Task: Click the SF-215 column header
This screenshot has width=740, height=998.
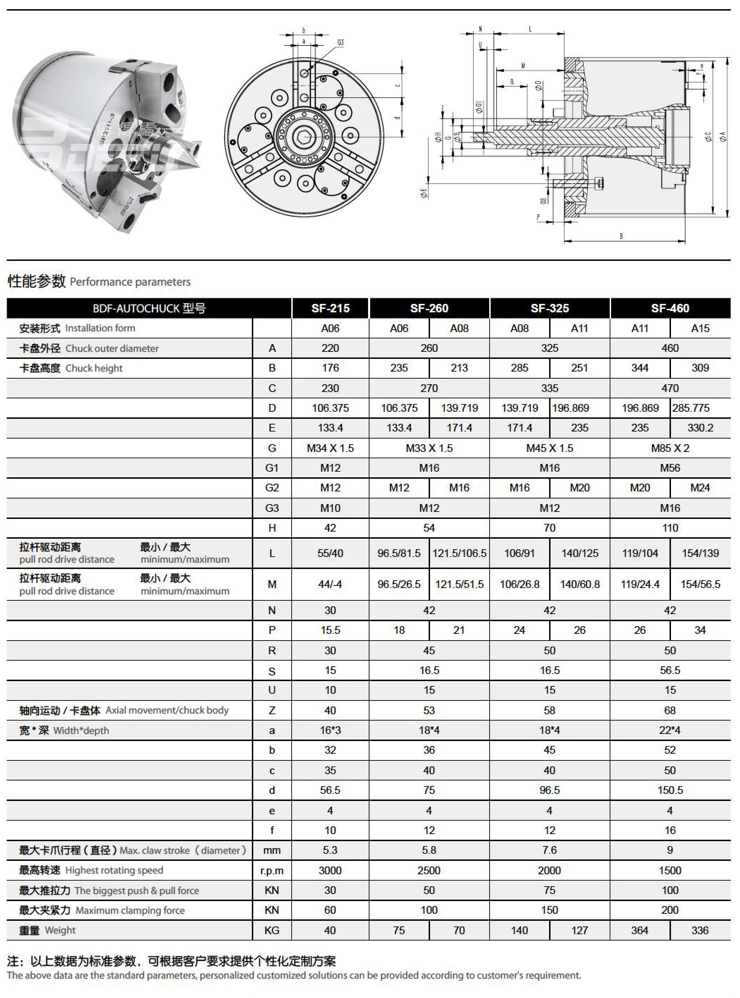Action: [x=330, y=308]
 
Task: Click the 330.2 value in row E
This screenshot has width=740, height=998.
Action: [x=700, y=428]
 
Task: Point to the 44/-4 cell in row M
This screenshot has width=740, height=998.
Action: [x=330, y=584]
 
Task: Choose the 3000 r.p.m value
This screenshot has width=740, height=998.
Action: [x=330, y=870]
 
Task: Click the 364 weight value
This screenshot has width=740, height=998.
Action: [x=640, y=930]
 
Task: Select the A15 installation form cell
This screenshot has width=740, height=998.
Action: [x=700, y=328]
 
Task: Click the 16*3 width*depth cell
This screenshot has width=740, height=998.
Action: [x=330, y=730]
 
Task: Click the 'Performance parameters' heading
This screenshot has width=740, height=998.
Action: [x=130, y=282]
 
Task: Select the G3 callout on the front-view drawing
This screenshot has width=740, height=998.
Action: [x=341, y=43]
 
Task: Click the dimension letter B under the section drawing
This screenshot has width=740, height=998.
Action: [x=621, y=236]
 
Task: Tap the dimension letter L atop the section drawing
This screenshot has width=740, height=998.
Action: [x=530, y=29]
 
